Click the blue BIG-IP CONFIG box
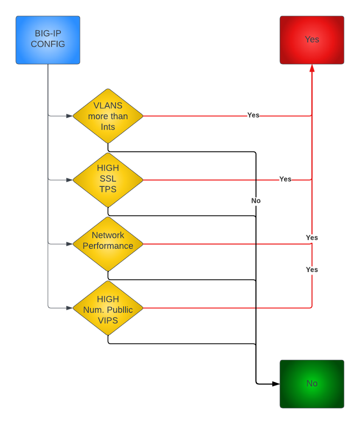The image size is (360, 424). (x=48, y=40)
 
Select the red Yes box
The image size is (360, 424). (x=312, y=40)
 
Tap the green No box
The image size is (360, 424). (x=312, y=384)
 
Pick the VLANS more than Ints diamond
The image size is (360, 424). (x=108, y=116)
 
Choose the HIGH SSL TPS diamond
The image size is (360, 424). (x=108, y=180)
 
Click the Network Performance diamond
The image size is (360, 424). (x=108, y=244)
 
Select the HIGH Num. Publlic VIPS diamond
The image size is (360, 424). (x=108, y=308)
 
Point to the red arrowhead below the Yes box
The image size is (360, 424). (x=312, y=68)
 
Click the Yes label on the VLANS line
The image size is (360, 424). (x=253, y=115)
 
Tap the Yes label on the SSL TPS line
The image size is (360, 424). (x=285, y=179)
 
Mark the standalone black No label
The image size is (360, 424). (x=256, y=201)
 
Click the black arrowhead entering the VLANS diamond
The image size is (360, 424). (x=69, y=115)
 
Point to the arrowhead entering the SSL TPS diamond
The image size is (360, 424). (x=69, y=180)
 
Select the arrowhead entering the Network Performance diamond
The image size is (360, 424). (x=69, y=244)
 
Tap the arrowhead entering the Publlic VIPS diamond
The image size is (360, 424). (x=69, y=308)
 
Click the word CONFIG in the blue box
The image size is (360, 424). (x=48, y=44)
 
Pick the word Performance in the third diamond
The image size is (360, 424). (x=108, y=246)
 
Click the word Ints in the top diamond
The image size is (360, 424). (x=108, y=127)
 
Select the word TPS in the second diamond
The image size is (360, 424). (x=108, y=189)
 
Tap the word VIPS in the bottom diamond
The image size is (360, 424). (x=108, y=321)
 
